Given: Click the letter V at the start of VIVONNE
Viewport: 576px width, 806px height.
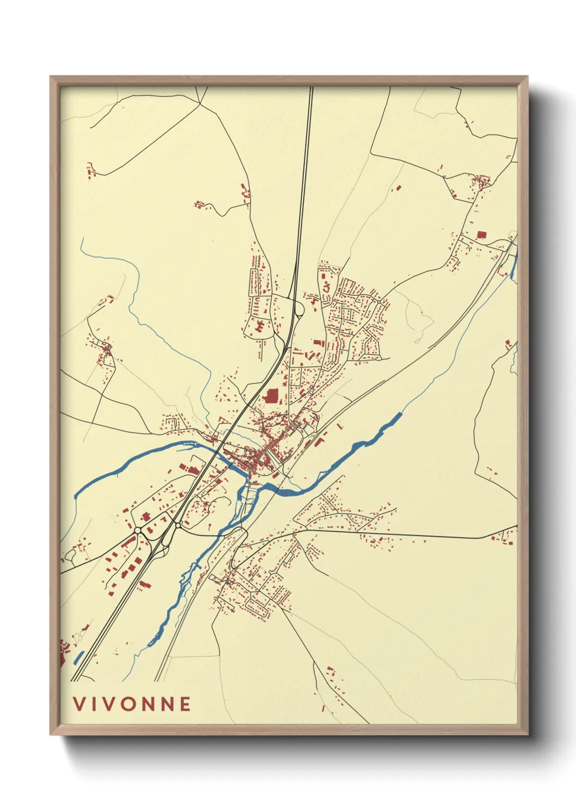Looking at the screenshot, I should pyautogui.click(x=79, y=704).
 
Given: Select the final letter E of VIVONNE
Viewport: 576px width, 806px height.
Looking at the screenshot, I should pyautogui.click(x=185, y=704).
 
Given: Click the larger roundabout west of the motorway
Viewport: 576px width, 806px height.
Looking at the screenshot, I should pyautogui.click(x=138, y=530).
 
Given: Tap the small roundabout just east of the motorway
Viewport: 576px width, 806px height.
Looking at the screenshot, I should pyautogui.click(x=177, y=526).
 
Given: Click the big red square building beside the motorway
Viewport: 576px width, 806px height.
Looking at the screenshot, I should pyautogui.click(x=271, y=395).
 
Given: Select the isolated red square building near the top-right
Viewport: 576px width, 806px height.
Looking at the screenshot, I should pyautogui.click(x=481, y=235).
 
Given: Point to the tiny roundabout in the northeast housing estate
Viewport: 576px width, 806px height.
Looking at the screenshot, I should pyautogui.click(x=378, y=301).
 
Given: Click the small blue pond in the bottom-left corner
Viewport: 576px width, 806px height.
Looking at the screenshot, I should pyautogui.click(x=78, y=658).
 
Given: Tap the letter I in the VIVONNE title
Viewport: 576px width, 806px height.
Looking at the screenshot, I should pyautogui.click(x=94, y=704).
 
